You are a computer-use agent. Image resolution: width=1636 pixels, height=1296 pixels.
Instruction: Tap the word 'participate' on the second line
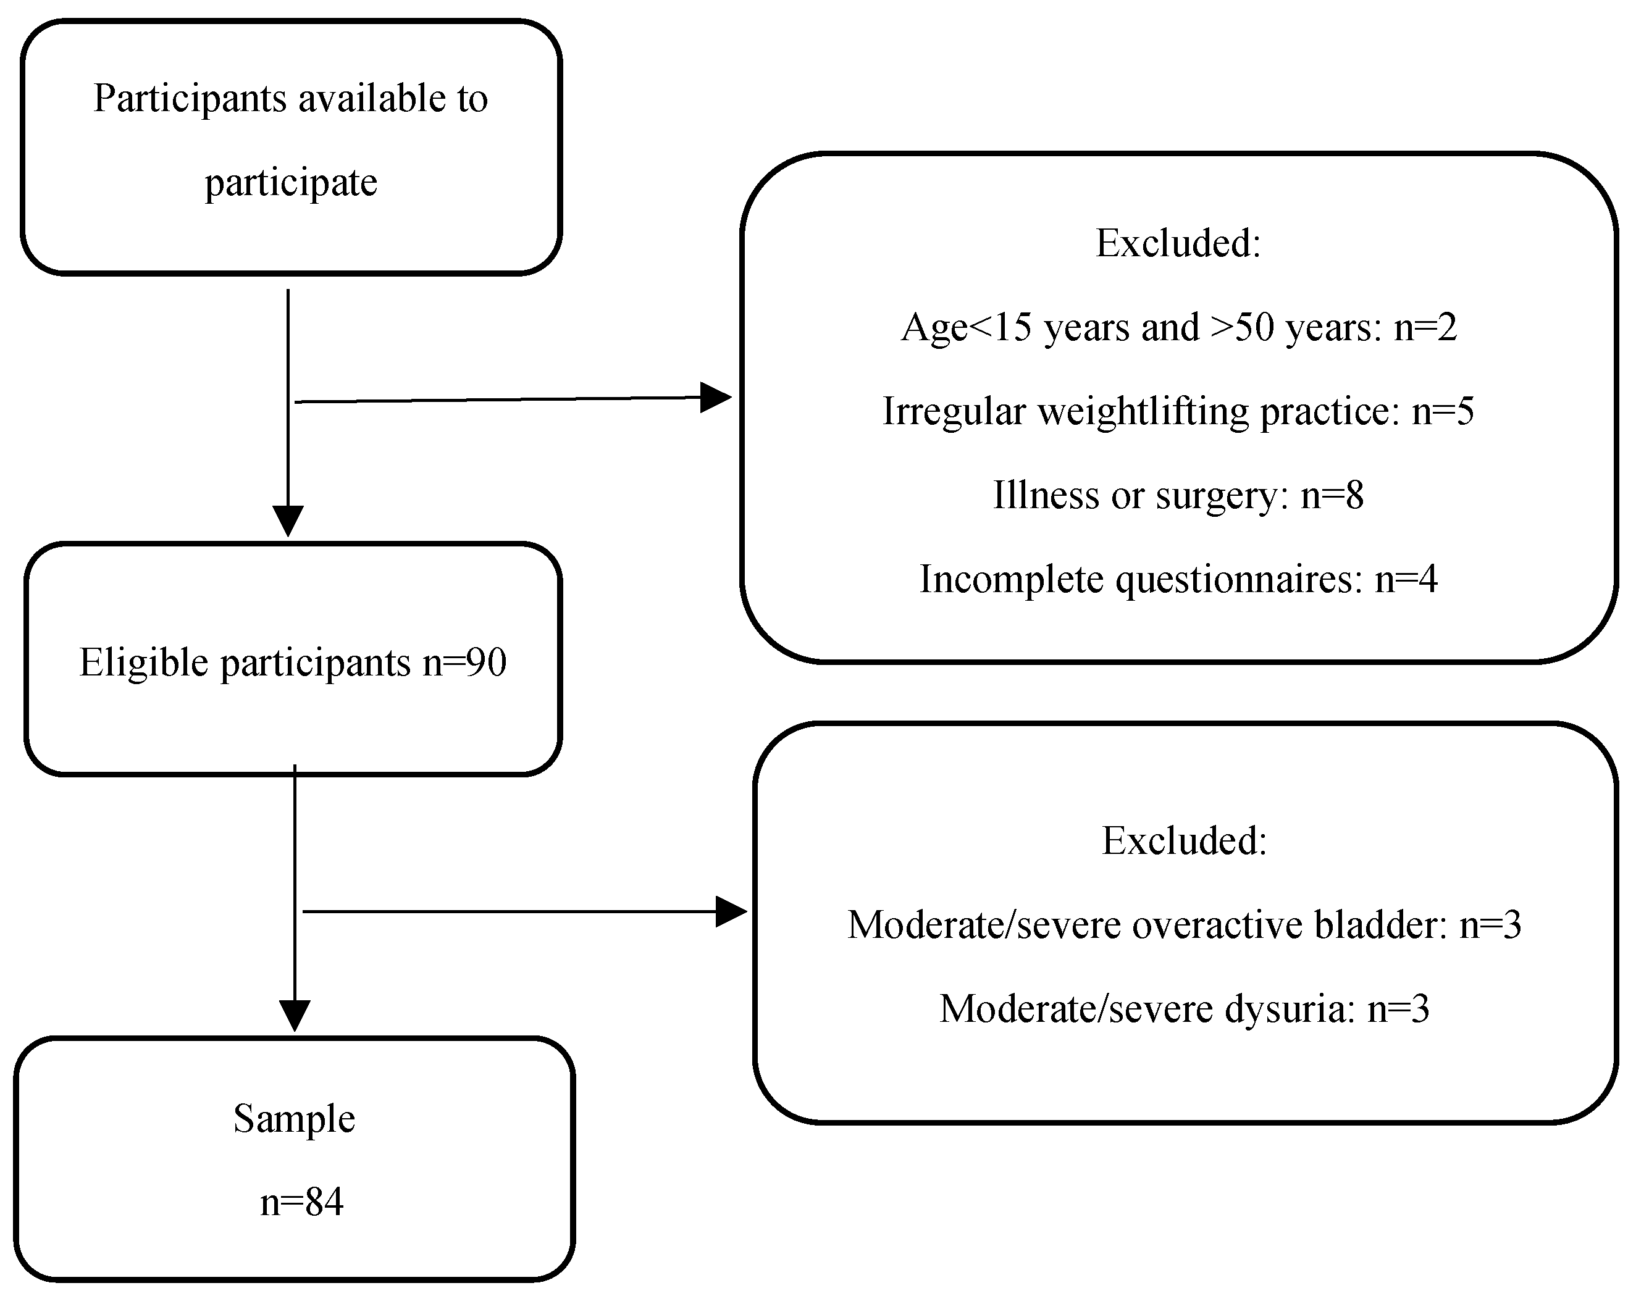[x=291, y=183]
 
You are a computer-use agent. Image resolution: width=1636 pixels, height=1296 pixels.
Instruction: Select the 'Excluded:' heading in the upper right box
[x=1178, y=243]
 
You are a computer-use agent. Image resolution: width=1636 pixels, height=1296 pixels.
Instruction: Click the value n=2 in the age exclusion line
[x=1426, y=328]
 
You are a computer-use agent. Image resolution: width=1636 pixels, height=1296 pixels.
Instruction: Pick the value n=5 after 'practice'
[x=1443, y=412]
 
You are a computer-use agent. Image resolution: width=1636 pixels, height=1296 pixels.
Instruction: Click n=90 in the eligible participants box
[x=464, y=663]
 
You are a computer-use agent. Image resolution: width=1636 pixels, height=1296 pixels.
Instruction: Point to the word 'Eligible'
[x=143, y=663]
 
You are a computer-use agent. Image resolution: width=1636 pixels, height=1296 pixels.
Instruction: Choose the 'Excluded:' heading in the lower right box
[x=1184, y=841]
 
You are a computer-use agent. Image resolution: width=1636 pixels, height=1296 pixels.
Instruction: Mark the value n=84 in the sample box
[x=301, y=1203]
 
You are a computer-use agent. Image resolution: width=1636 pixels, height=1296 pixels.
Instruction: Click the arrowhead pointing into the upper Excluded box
[x=714, y=397]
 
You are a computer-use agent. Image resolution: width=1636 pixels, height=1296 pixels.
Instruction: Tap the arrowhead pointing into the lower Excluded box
[x=731, y=911]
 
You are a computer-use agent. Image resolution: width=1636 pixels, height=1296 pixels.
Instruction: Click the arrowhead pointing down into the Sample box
[x=295, y=1015]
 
